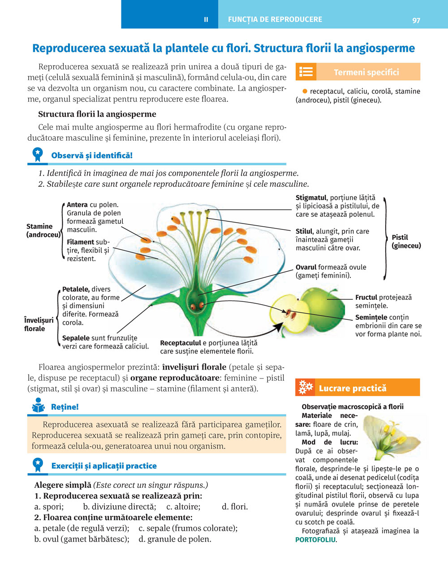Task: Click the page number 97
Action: click(x=416, y=20)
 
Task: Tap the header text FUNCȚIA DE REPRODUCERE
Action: click(x=275, y=20)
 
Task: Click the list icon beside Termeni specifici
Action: click(x=306, y=72)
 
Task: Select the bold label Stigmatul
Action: click(x=311, y=198)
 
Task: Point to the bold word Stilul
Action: click(x=304, y=231)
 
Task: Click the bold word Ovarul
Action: click(x=306, y=267)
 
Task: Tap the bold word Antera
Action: click(x=77, y=205)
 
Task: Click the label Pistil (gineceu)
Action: click(x=406, y=241)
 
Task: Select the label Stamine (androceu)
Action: click(x=43, y=230)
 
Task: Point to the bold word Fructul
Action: click(x=366, y=297)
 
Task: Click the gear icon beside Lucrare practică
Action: click(x=306, y=387)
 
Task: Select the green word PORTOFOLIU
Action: click(x=315, y=540)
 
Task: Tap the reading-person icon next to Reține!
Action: click(x=38, y=406)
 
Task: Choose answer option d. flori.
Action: click(x=234, y=507)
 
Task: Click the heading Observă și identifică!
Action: click(x=92, y=155)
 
